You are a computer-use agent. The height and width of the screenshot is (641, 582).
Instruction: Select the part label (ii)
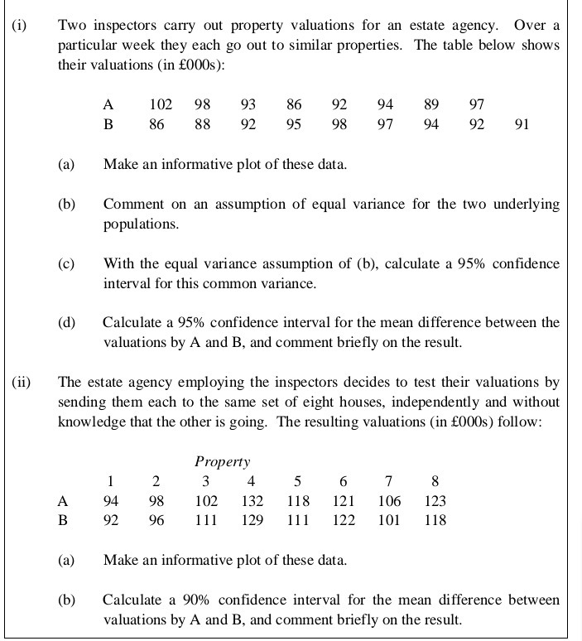(22, 382)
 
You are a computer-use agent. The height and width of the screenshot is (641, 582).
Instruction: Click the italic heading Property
(222, 461)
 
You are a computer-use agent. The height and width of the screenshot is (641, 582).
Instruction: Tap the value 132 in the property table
(253, 500)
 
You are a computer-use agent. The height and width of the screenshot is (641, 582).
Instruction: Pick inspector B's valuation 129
(253, 520)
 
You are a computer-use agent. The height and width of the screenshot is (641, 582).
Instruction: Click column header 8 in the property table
(435, 481)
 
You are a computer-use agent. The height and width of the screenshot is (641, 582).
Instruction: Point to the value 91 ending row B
(522, 124)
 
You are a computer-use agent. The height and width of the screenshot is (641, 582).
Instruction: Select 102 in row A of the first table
(161, 104)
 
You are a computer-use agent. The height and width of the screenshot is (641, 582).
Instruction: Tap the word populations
(140, 224)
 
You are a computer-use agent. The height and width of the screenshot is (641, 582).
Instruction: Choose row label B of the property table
(62, 520)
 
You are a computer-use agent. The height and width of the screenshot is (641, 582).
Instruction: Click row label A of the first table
(108, 104)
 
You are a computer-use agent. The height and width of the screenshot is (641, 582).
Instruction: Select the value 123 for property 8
(435, 500)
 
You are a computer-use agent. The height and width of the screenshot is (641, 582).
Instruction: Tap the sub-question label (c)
(67, 264)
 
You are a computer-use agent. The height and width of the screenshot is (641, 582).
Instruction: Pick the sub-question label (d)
(67, 322)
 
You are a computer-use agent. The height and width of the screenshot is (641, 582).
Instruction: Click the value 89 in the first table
(430, 104)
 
